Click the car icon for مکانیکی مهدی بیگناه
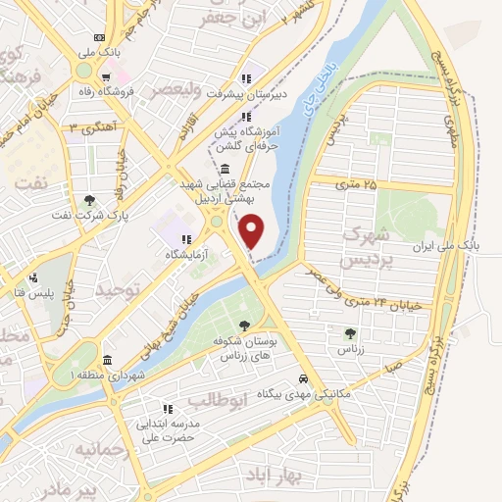304,377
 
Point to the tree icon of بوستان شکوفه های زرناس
244,326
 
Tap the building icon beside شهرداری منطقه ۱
106,360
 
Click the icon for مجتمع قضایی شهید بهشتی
226,169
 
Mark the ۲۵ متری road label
355,183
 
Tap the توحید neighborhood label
120,290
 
